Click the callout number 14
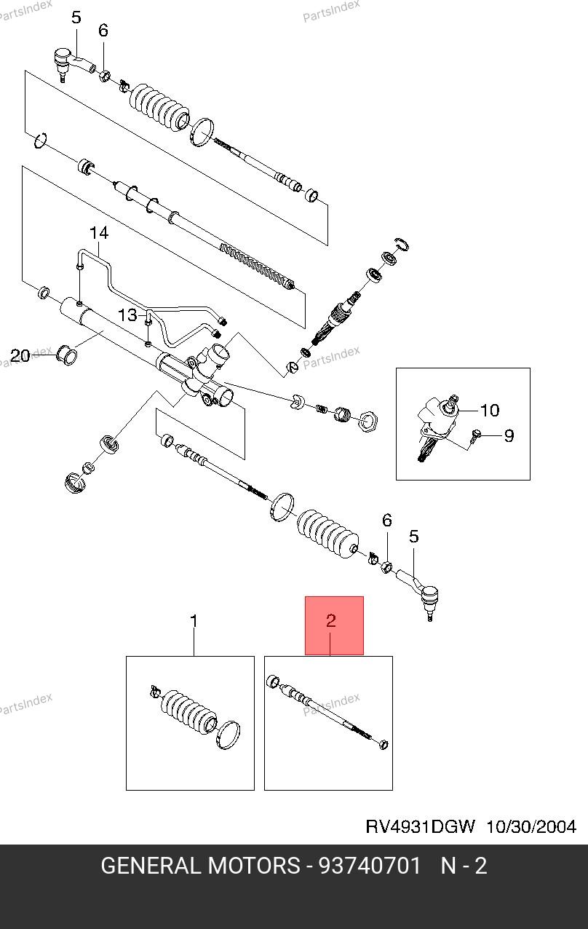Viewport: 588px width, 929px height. click(x=99, y=233)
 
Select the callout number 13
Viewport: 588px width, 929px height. click(x=127, y=315)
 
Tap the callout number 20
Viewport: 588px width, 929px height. click(x=20, y=356)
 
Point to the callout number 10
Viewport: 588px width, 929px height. click(x=490, y=411)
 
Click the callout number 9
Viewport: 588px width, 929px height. click(x=509, y=435)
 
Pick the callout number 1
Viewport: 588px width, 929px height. click(x=194, y=621)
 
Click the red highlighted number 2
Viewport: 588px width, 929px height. click(x=330, y=620)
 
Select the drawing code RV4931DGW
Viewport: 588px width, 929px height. click(x=420, y=826)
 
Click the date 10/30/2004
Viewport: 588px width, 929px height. click(x=531, y=826)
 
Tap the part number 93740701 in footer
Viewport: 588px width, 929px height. click(x=370, y=866)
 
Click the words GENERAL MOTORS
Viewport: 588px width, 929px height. click(x=200, y=866)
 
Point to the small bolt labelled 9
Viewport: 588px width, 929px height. click(x=476, y=435)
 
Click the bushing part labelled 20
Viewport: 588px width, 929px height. click(x=67, y=355)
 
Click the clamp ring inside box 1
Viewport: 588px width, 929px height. click(x=229, y=735)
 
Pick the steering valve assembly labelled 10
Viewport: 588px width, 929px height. click(x=438, y=427)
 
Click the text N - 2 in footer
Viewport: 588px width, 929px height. click(x=464, y=866)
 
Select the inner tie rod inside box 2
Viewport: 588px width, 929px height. click(x=327, y=713)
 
